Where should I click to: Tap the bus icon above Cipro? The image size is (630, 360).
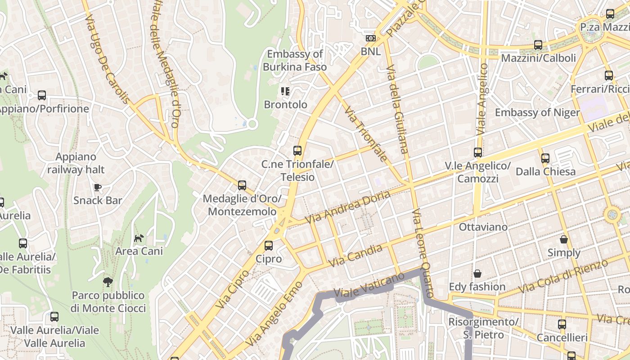[x=269, y=246]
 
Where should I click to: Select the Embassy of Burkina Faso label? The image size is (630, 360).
[x=295, y=60]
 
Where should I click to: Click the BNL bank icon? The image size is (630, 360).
[x=370, y=39]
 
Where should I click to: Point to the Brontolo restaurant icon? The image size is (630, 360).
[x=285, y=91]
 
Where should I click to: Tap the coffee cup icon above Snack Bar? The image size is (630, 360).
[x=97, y=187]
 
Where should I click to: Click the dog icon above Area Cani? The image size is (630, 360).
[x=139, y=238]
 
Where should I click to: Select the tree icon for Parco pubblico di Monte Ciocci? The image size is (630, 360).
[x=108, y=282]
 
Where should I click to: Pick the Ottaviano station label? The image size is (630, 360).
[x=483, y=227]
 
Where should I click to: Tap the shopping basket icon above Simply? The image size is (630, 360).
[x=564, y=239]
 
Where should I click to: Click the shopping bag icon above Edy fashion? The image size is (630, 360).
[x=477, y=274]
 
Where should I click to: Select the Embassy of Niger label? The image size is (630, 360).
[x=537, y=112]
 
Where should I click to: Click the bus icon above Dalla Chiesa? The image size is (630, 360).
[x=545, y=158]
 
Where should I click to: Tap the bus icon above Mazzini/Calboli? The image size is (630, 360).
[x=538, y=45]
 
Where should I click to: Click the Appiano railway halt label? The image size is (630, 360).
[x=76, y=163]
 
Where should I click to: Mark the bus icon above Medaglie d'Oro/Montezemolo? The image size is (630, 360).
[x=242, y=185]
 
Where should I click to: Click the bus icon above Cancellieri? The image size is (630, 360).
[x=562, y=324]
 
